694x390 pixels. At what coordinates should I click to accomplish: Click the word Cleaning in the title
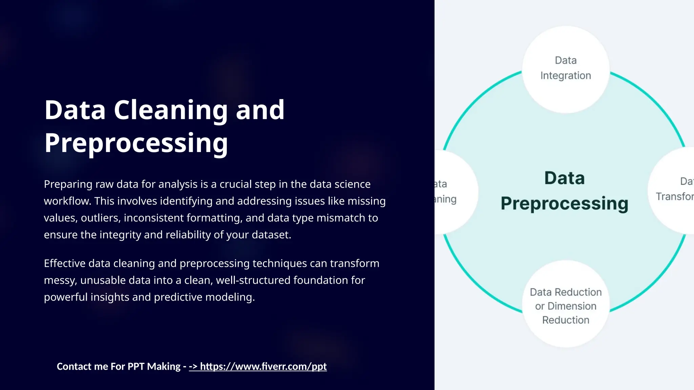coord(170,110)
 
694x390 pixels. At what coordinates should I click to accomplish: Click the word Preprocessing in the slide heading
coord(136,143)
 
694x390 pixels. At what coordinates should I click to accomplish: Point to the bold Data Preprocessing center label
coord(565,191)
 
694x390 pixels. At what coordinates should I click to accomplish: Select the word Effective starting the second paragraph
coord(64,263)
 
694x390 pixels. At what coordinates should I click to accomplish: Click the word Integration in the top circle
coord(566,76)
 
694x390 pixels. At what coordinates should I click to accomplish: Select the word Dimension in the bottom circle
coord(572,306)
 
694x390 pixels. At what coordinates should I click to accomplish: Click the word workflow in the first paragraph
coord(67,201)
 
